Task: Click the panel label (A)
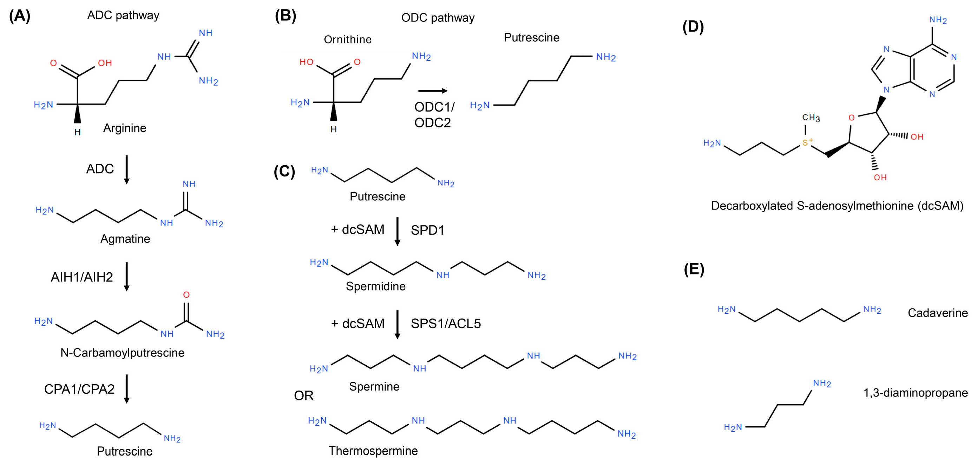click(x=19, y=16)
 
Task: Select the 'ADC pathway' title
click(x=123, y=15)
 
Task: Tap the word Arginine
click(x=124, y=128)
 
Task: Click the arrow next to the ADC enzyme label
click(x=127, y=169)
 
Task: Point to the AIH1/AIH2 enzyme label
click(x=82, y=277)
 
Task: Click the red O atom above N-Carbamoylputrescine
click(x=186, y=295)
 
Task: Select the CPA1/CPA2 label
click(x=79, y=389)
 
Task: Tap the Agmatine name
click(x=125, y=239)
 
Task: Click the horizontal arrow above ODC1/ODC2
click(x=432, y=91)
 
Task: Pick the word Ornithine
click(x=347, y=39)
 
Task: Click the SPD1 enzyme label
click(x=427, y=230)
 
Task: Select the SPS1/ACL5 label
click(x=446, y=324)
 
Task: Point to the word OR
click(x=303, y=395)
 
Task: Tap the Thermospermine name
click(x=373, y=451)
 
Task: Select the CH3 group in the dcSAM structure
click(x=811, y=118)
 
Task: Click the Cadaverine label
click(x=938, y=313)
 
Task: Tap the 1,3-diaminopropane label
click(x=915, y=393)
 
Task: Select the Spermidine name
click(x=375, y=286)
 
